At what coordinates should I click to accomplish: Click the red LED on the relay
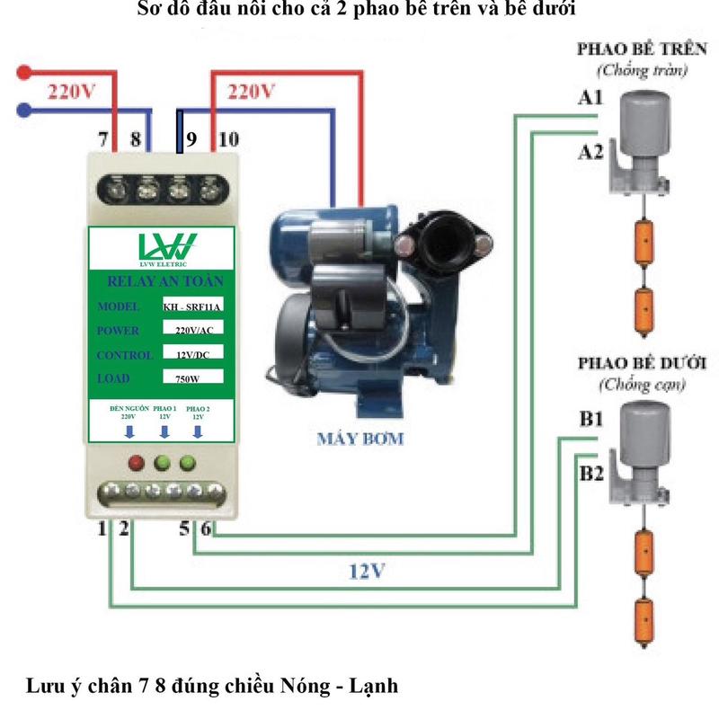point(137,464)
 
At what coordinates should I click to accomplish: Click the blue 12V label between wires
point(367,572)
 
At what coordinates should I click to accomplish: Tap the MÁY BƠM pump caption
point(359,439)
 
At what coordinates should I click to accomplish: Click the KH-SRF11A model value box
point(191,306)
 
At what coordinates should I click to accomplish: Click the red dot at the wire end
point(24,70)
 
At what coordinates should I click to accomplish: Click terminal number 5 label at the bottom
point(184,529)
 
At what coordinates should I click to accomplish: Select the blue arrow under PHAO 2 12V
point(197,431)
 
